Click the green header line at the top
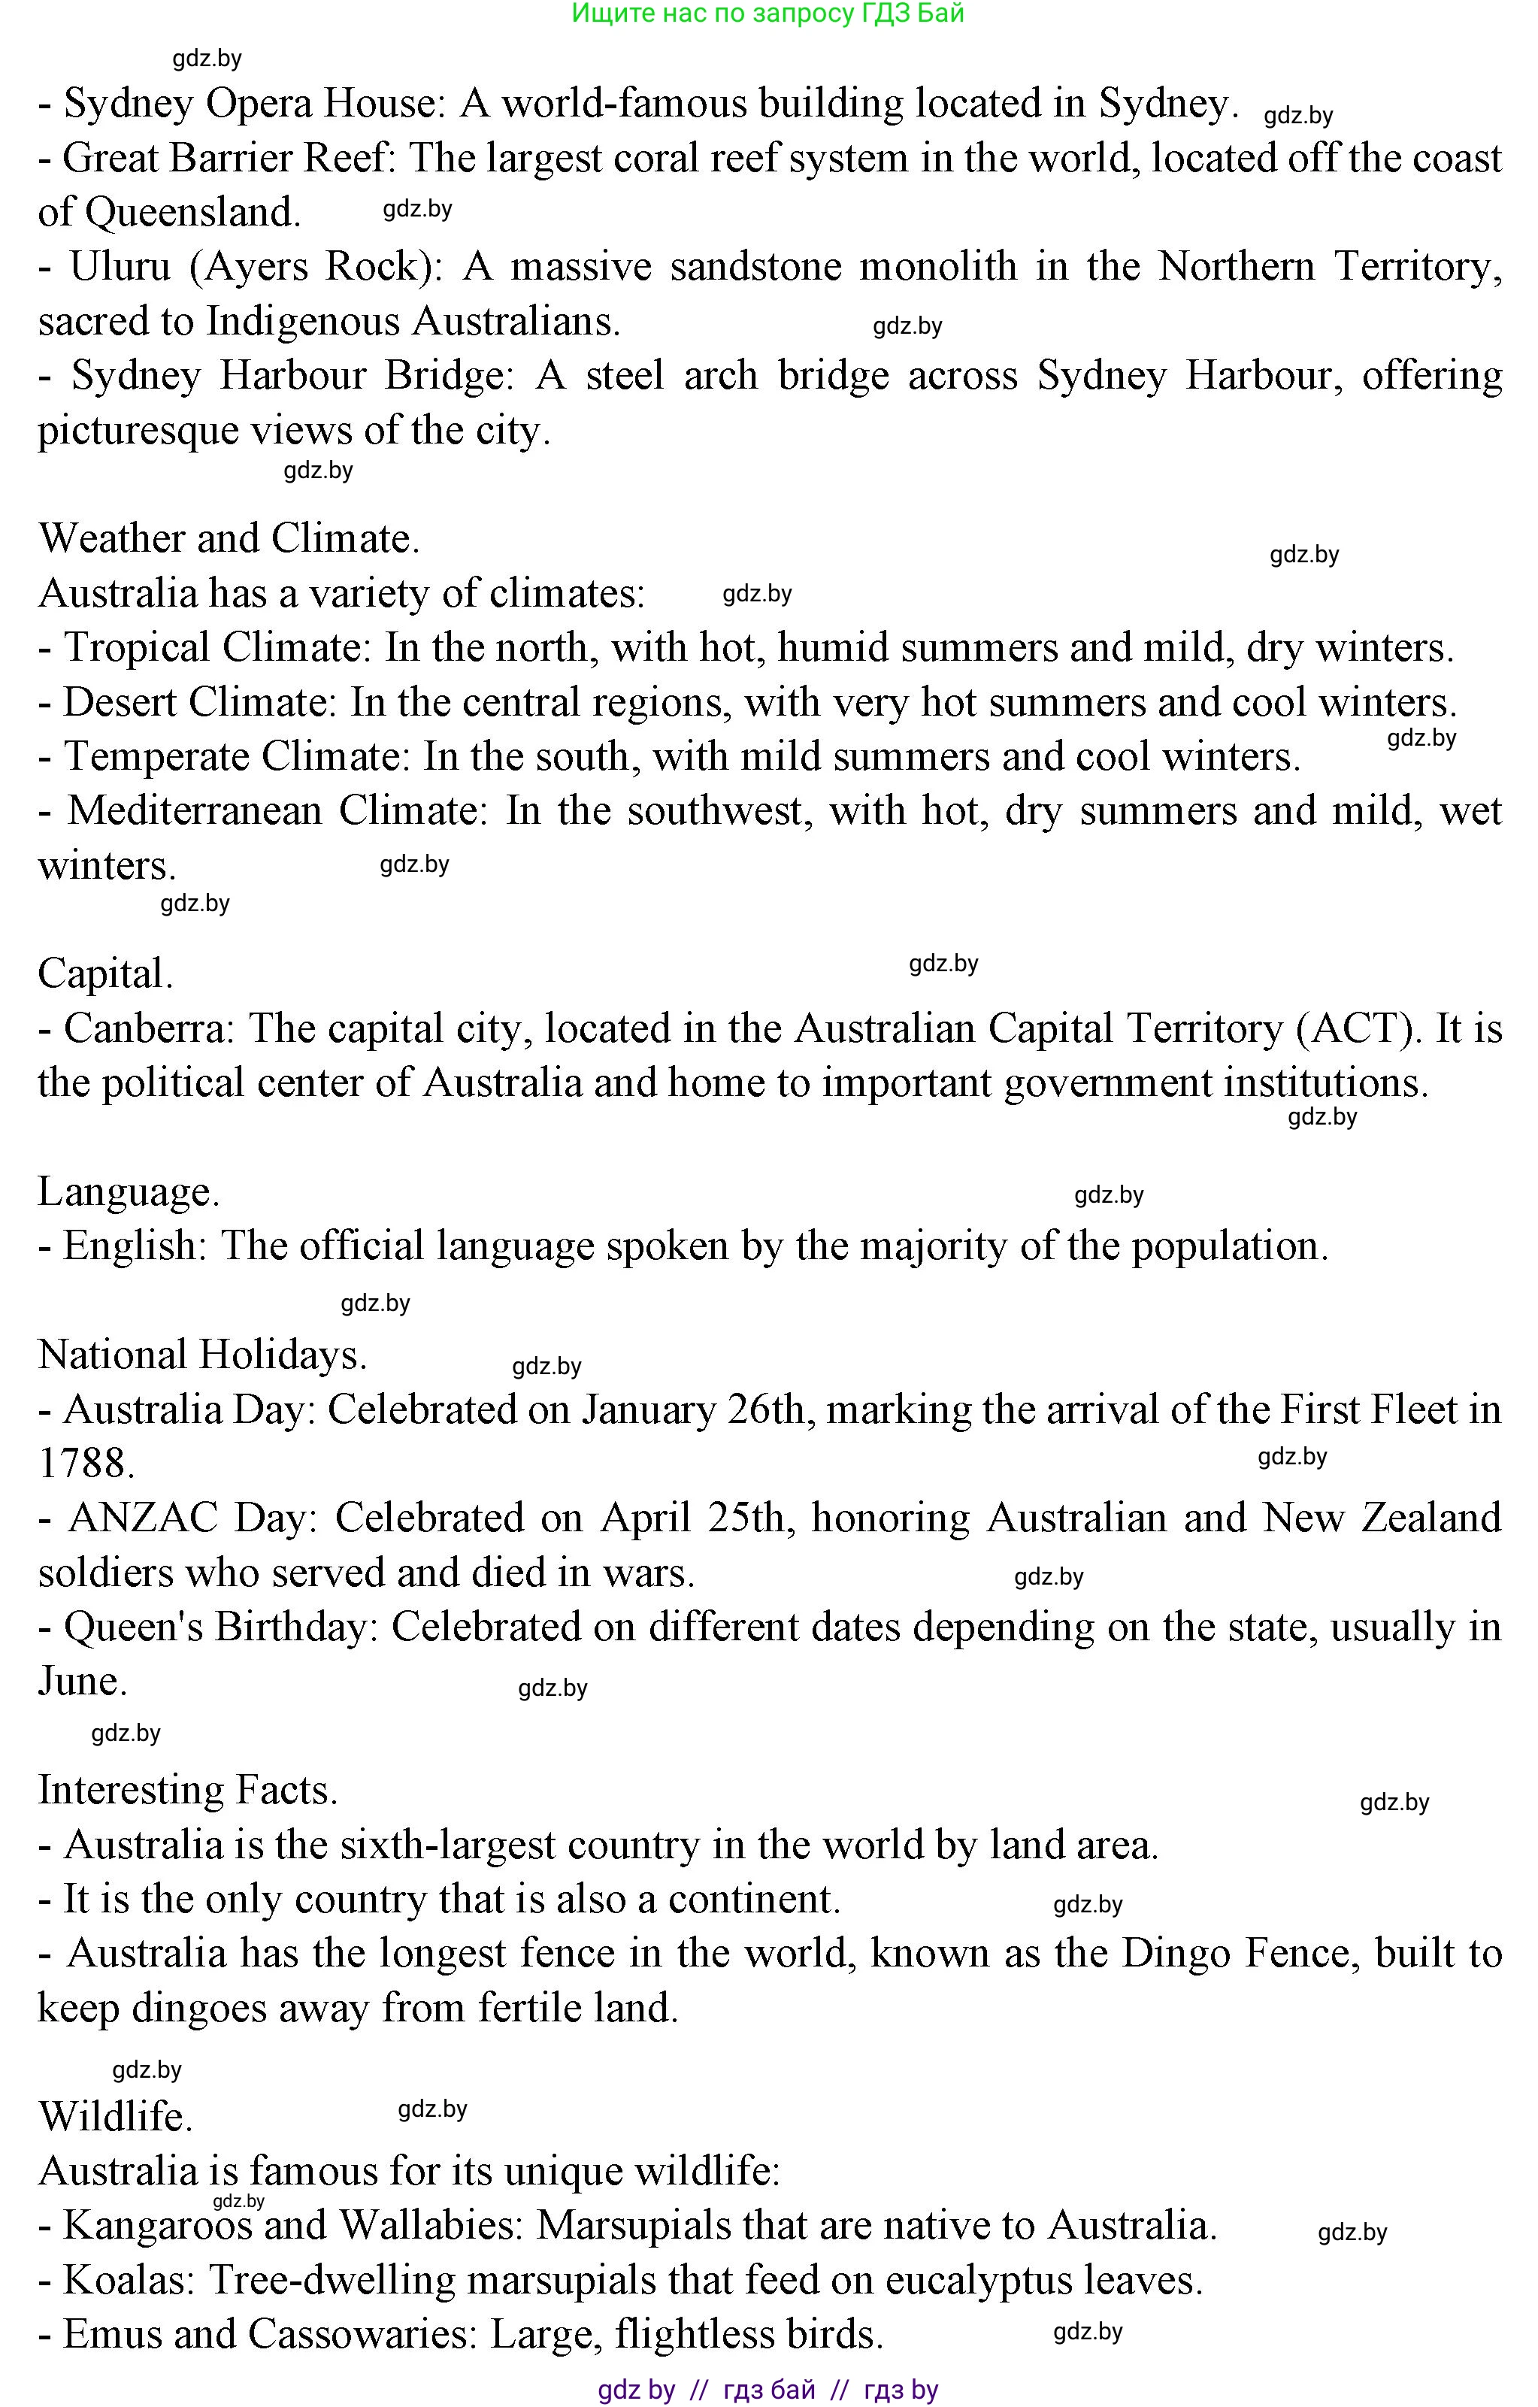(x=767, y=14)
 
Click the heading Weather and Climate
(x=229, y=539)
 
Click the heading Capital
(x=106, y=974)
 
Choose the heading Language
(x=128, y=1192)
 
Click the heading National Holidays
(x=202, y=1355)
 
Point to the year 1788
(x=85, y=1464)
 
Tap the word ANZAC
(x=143, y=1518)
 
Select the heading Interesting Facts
(x=188, y=1791)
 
